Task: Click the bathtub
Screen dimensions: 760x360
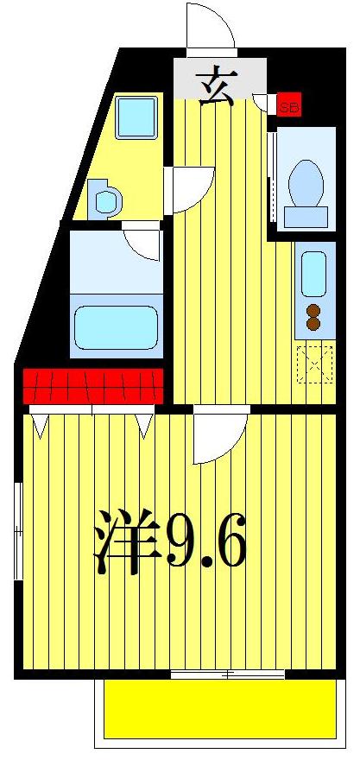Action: click(x=117, y=326)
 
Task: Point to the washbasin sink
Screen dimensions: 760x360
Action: click(x=107, y=199)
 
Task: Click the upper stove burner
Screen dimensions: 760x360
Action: click(x=313, y=310)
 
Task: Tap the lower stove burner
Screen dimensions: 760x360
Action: click(x=313, y=325)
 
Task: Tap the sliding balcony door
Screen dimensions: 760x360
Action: click(x=226, y=674)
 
